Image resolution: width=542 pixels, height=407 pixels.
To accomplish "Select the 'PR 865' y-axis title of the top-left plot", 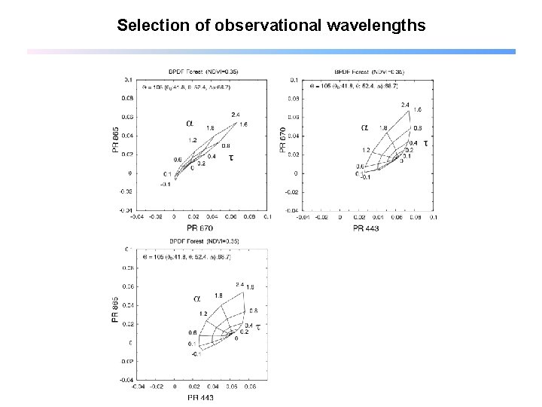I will tap(115, 141).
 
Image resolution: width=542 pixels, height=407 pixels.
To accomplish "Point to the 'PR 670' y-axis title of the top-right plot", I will tap(283, 141).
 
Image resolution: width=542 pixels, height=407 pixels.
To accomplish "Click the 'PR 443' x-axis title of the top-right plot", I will tap(367, 227).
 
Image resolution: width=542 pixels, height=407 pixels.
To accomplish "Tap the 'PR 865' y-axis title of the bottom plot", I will tap(115, 311).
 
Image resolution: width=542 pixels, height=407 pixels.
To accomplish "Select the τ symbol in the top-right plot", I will tap(425, 142).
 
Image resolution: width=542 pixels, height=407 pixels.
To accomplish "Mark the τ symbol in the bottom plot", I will tap(258, 327).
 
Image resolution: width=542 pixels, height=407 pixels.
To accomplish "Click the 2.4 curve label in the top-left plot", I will tap(236, 115).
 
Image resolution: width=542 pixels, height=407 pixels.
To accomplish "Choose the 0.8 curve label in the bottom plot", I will tap(254, 311).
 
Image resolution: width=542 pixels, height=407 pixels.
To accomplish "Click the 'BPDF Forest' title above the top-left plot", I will tap(204, 71).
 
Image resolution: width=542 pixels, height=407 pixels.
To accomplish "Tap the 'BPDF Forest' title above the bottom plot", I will tap(204, 241).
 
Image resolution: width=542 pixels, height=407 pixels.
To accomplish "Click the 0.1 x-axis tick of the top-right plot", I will tap(433, 217).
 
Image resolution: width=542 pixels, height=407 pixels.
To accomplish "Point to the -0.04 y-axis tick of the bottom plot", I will tap(128, 380).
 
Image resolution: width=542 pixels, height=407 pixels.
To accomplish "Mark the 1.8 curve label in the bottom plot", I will tap(218, 295).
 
